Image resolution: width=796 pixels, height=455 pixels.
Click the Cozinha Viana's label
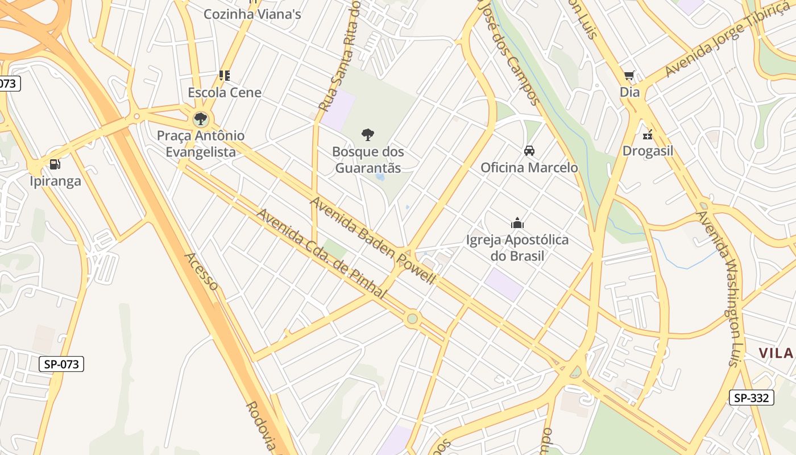(252, 14)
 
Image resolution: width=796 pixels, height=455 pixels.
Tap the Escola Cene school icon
(225, 76)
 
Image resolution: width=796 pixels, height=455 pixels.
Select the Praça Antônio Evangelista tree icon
(200, 119)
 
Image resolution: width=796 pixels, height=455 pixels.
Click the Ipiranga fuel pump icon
(55, 164)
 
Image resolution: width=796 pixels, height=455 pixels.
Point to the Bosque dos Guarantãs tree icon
(368, 135)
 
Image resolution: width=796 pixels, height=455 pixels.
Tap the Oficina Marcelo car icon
(529, 151)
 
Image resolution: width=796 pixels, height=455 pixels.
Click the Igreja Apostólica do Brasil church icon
(517, 222)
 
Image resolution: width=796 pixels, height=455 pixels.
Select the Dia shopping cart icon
(629, 76)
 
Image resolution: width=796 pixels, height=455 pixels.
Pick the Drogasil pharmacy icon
(648, 135)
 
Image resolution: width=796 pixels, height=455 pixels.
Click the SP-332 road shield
(751, 398)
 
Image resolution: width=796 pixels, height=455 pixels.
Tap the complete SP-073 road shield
(61, 364)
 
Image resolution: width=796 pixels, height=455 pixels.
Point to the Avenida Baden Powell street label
(372, 241)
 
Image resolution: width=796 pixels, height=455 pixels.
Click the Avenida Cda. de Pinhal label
(321, 254)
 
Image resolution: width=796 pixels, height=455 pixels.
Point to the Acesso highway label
(201, 271)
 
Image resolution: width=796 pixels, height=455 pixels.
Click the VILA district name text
(776, 353)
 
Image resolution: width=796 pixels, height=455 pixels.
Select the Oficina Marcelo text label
(529, 168)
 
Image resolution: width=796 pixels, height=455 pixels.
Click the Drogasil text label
(648, 151)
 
